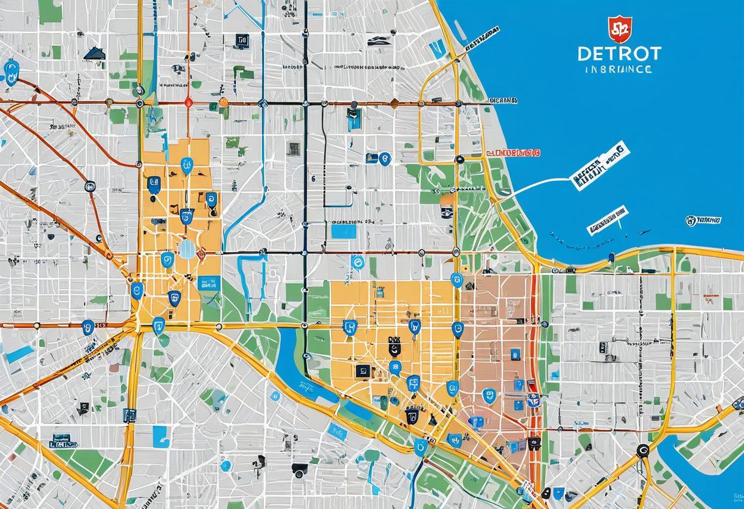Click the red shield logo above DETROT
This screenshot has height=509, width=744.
[x=620, y=29]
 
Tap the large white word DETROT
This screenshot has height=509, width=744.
[x=619, y=53]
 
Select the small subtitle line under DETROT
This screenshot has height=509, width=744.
[x=619, y=70]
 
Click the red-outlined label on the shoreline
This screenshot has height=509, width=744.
[x=513, y=152]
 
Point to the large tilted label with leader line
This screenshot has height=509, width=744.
[x=599, y=165]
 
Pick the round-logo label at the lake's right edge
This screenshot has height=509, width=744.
[x=703, y=220]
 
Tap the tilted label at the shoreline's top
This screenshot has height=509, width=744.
[x=481, y=38]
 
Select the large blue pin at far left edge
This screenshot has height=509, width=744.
[x=10, y=70]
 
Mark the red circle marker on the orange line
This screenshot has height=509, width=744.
[x=188, y=103]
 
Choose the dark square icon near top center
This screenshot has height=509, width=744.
[x=242, y=41]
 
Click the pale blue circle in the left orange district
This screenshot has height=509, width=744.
[x=186, y=249]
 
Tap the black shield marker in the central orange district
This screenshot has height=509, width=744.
[x=395, y=349]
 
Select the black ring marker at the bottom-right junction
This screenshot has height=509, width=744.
[x=642, y=451]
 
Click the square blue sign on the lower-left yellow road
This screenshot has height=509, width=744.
[x=129, y=415]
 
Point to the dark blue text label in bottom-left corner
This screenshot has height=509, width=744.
[x=61, y=440]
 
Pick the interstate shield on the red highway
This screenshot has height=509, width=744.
[x=533, y=400]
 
